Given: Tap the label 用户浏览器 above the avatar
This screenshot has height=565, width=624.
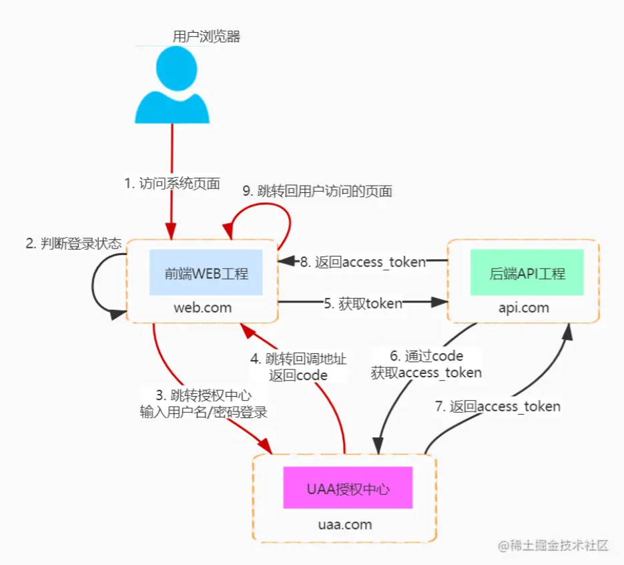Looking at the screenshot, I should [206, 37].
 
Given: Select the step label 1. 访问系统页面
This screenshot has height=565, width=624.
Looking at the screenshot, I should [172, 184].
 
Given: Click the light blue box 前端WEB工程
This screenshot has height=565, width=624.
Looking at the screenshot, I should [206, 273].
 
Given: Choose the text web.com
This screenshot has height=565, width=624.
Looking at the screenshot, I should [203, 307].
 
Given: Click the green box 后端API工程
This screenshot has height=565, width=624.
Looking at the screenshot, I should [527, 273].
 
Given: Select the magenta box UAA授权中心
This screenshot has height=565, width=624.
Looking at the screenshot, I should [348, 488].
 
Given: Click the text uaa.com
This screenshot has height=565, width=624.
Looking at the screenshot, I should [344, 524].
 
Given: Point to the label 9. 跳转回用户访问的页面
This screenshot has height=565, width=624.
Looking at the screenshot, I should [317, 191].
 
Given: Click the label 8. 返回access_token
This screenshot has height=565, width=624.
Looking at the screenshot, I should [362, 262].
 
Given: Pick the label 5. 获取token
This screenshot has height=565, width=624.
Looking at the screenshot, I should [363, 304].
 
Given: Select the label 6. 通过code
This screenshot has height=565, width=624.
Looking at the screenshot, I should [426, 355].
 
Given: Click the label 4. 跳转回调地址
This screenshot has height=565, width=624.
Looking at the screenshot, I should [298, 359].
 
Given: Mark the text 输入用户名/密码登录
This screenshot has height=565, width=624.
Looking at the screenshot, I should [204, 412].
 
